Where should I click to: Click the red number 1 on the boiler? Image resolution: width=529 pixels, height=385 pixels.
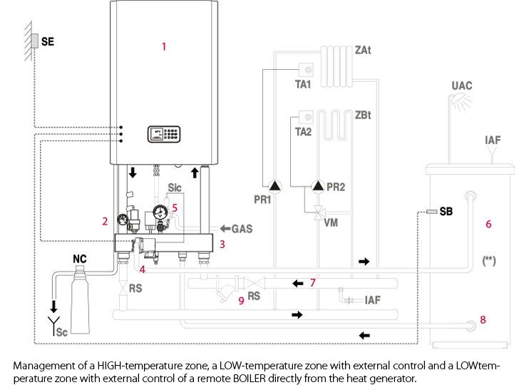coord(163,46)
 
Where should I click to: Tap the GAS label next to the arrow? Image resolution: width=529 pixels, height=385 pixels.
coord(242,229)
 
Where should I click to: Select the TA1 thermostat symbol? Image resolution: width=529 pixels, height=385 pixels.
coord(307,71)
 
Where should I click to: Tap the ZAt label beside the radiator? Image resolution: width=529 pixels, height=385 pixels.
coord(363,51)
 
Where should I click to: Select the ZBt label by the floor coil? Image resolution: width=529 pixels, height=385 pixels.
coord(363,115)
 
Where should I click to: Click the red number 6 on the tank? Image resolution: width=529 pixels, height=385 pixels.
coord(488,224)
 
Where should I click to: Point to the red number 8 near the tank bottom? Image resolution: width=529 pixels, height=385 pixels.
coord(483,319)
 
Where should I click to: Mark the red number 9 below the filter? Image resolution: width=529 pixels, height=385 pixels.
coord(241,301)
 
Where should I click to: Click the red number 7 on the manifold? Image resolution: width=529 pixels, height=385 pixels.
coord(312,283)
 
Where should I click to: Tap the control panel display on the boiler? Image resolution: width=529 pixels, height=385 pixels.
coord(165,133)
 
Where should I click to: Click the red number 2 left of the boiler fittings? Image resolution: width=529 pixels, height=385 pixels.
coord(105,221)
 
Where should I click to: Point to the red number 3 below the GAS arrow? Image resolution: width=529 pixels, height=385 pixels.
coord(222,245)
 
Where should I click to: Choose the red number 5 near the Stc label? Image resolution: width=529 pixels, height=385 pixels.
coord(175,207)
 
